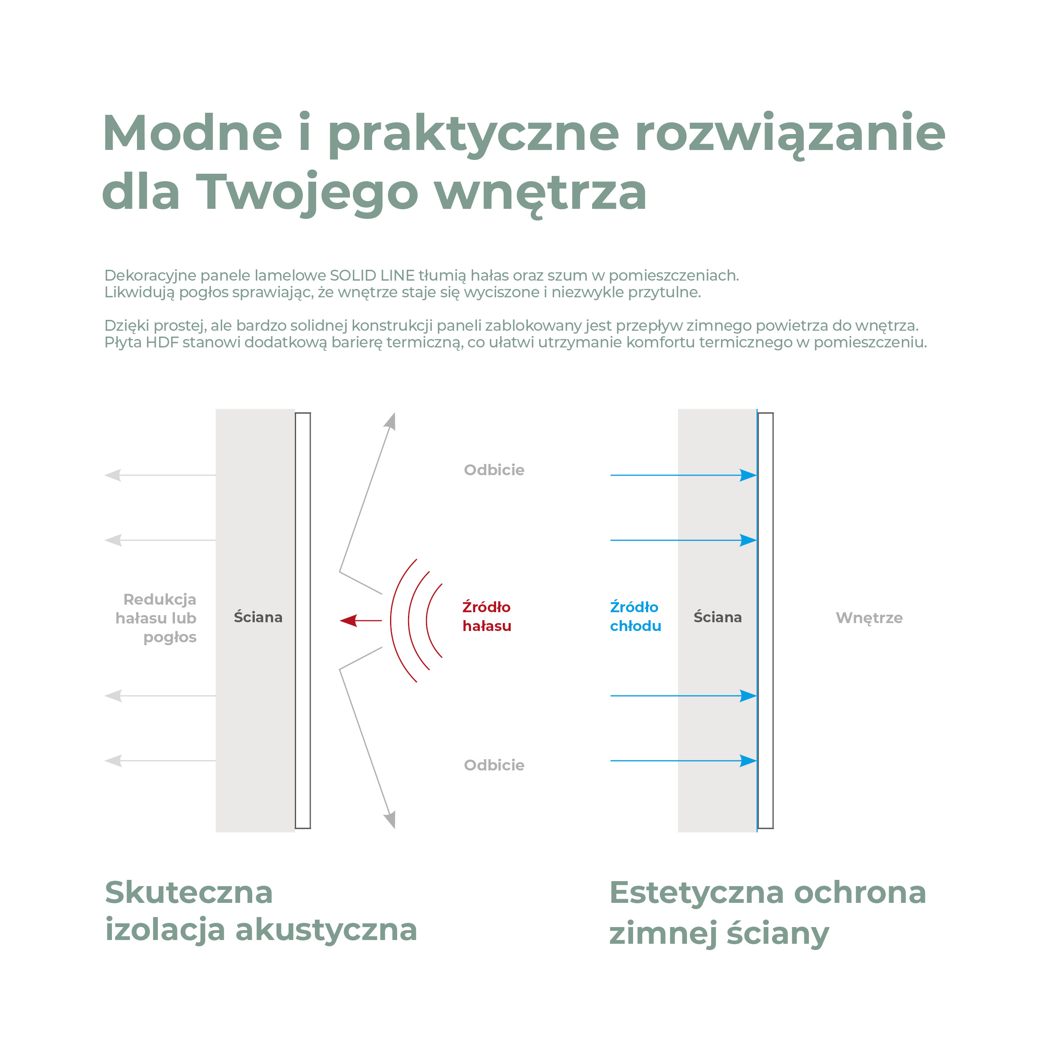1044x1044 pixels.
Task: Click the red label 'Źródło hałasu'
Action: pyautogui.click(x=487, y=616)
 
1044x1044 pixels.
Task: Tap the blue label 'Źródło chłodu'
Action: pyautogui.click(x=636, y=616)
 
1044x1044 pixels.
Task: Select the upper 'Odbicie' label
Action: pyautogui.click(x=494, y=469)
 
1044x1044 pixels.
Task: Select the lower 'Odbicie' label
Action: pyautogui.click(x=494, y=765)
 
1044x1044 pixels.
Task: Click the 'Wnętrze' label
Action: pyautogui.click(x=869, y=618)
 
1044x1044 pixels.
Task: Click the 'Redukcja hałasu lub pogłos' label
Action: pyautogui.click(x=156, y=618)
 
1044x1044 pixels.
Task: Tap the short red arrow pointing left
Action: pyautogui.click(x=360, y=621)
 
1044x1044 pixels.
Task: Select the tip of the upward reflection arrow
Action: pyautogui.click(x=395, y=413)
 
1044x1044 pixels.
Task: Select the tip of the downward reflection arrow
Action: pyautogui.click(x=395, y=829)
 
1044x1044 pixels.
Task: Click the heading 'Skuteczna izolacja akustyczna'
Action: pyautogui.click(x=261, y=912)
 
